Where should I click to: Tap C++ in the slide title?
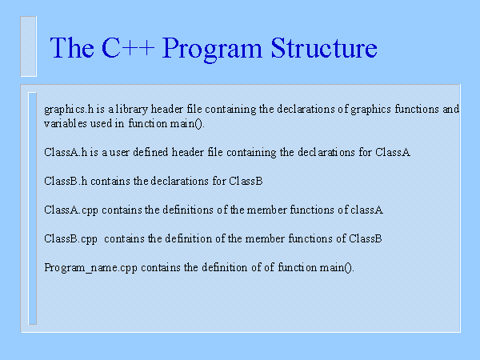pos(126,49)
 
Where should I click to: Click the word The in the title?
pos(71,49)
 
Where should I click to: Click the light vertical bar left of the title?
pos(29,46)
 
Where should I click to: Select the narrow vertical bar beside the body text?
pos(33,208)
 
